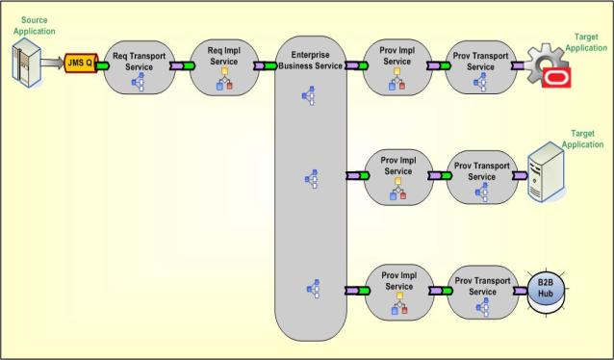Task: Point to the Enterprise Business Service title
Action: (x=310, y=60)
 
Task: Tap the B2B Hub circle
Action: (x=549, y=289)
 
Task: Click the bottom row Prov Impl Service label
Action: (x=397, y=280)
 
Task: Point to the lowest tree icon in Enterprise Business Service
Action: (x=310, y=287)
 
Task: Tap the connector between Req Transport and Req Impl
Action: (x=178, y=66)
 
